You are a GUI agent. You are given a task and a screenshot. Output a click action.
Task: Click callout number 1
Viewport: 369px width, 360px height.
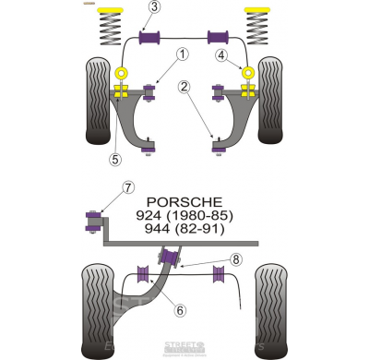(x=183, y=54)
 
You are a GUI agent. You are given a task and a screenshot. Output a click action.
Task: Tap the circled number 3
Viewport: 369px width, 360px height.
(x=154, y=9)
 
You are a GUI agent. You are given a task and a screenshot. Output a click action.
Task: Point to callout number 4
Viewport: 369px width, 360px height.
(x=221, y=54)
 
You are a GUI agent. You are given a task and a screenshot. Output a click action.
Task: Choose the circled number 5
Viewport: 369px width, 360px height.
(x=114, y=158)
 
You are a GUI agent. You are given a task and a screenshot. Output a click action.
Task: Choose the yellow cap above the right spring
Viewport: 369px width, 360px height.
(x=259, y=11)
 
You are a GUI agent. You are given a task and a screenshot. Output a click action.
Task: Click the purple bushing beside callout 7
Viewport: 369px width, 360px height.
(x=92, y=220)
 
